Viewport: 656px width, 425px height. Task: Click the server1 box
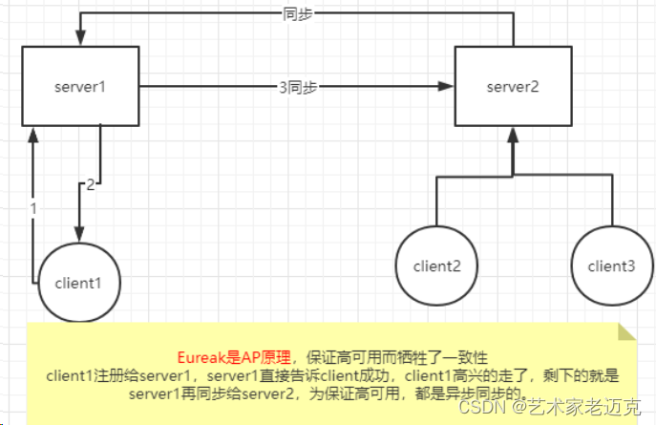tap(81, 87)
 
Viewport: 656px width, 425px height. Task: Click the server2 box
tap(514, 87)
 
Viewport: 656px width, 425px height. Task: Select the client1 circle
tap(78, 282)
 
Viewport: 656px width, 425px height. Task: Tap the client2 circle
tap(438, 266)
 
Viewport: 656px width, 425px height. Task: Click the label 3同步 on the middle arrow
tap(297, 87)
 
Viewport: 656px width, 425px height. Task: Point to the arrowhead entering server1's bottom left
tap(32, 135)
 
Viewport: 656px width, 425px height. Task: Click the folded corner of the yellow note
tap(626, 331)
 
